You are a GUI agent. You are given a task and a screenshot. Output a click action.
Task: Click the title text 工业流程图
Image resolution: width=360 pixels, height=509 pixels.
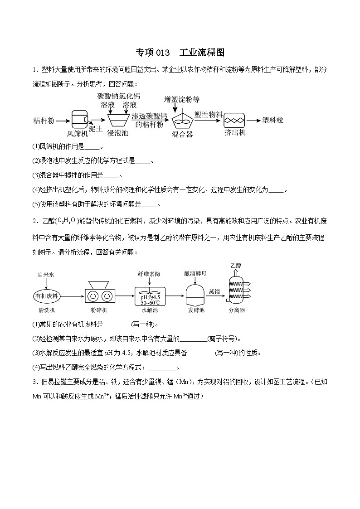202,53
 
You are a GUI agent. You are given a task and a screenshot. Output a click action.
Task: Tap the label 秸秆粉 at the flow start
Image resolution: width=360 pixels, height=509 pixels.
44,121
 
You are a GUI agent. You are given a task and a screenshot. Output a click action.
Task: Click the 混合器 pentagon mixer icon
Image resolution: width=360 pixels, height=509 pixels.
182,119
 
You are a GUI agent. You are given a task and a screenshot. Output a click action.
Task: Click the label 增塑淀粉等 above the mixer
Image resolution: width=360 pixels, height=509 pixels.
182,99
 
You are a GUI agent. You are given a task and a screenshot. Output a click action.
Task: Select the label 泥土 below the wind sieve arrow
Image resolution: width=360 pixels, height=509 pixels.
96,129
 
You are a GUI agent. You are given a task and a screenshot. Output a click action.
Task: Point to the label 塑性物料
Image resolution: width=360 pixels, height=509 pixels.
208,115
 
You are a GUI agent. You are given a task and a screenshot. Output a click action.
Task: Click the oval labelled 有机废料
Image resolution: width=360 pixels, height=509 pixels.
46,296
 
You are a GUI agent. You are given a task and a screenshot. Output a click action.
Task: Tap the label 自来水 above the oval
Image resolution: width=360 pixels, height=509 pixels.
46,274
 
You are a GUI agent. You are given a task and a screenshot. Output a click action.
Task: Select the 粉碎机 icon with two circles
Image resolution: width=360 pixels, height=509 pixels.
99,295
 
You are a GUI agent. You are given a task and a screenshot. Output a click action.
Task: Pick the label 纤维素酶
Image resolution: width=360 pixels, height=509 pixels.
149,274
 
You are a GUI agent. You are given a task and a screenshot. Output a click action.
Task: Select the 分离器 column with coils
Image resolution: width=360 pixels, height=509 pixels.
236,288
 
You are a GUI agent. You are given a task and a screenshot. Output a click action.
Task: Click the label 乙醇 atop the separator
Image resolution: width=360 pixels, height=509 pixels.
236,265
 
